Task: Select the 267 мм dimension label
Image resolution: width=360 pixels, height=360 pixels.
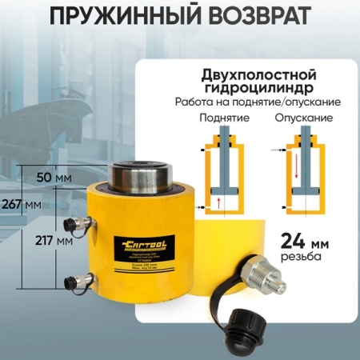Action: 18,203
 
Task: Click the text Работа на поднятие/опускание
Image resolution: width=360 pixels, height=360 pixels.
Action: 259,103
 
